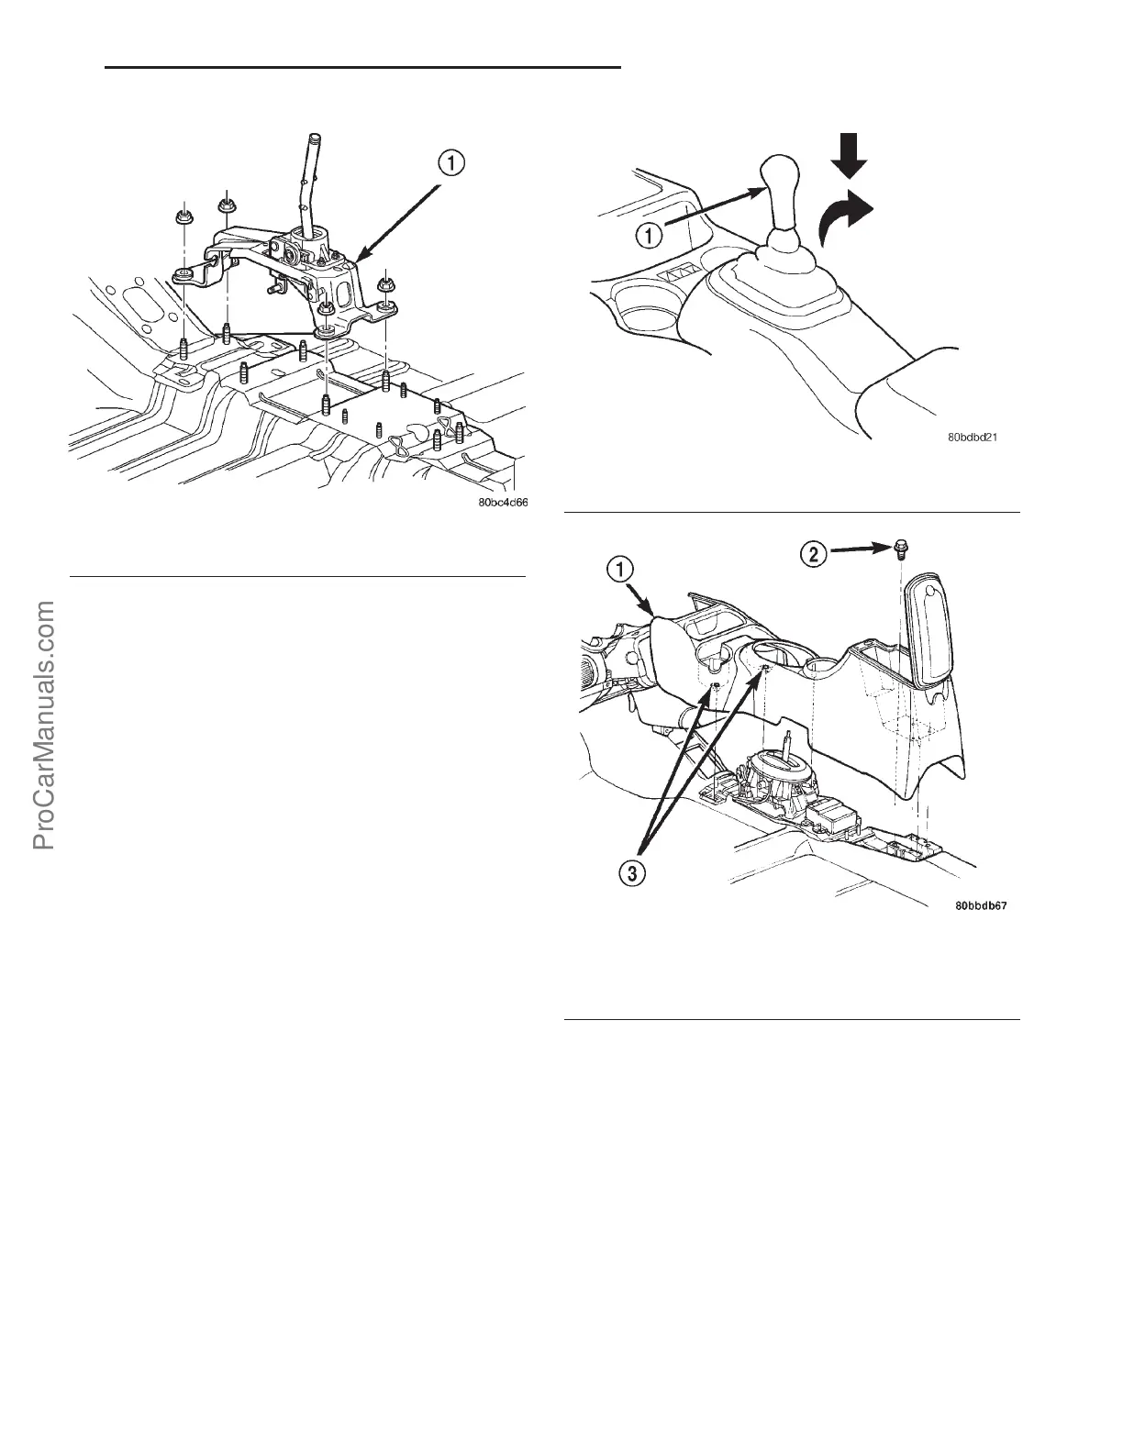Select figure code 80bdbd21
pyautogui.click(x=973, y=438)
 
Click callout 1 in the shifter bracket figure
pyautogui.click(x=450, y=164)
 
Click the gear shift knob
pyautogui.click(x=781, y=188)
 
